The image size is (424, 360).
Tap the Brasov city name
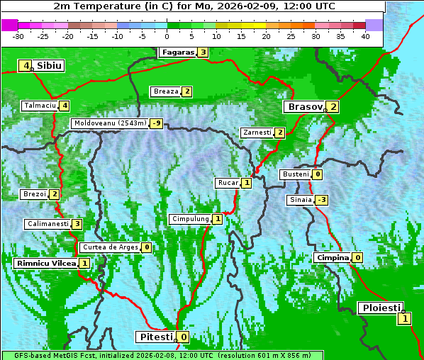point(303,107)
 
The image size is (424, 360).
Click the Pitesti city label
point(155,337)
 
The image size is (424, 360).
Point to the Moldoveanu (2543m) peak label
point(110,123)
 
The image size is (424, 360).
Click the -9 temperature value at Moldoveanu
point(156,123)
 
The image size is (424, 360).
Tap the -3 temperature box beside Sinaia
point(321,200)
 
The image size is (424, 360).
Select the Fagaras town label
point(177,52)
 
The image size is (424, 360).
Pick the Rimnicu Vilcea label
point(45,263)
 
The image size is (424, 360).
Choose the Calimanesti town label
point(48,224)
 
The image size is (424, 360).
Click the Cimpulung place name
point(189,219)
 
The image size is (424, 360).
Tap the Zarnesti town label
point(256,133)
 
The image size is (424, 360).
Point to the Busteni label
point(294,174)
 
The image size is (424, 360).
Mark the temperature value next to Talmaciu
point(65,106)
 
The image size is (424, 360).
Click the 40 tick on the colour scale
point(365,35)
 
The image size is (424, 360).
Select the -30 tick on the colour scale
point(18,35)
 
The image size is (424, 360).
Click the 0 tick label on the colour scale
point(167,35)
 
